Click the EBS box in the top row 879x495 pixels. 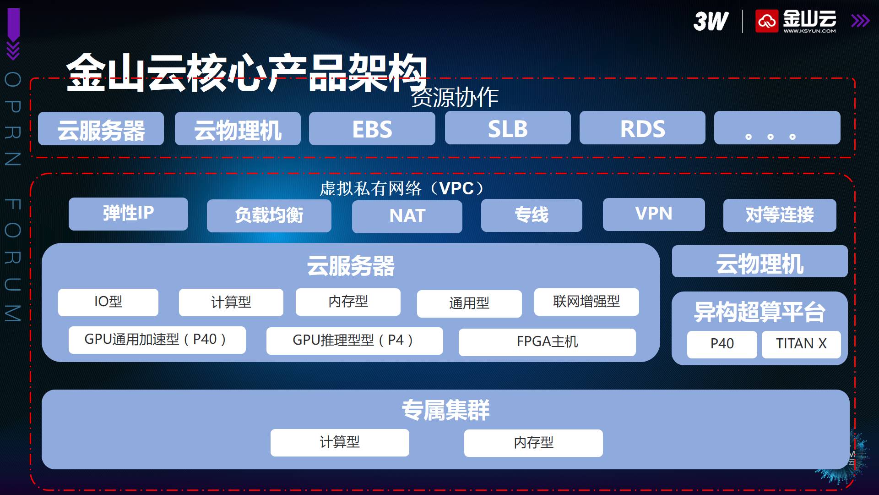[372, 128]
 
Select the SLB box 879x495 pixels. [508, 128]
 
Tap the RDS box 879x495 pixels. [642, 128]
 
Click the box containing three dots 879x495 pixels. [777, 128]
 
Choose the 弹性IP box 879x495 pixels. [128, 214]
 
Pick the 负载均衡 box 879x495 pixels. [269, 215]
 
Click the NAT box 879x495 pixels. [407, 216]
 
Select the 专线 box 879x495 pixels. [532, 215]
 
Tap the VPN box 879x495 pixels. [654, 214]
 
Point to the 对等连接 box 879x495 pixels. [780, 215]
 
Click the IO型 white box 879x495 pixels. [108, 302]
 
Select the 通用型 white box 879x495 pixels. [469, 303]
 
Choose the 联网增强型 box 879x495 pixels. [586, 302]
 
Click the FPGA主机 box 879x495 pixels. [547, 342]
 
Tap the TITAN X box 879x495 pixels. [801, 344]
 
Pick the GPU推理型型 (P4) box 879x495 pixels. [354, 341]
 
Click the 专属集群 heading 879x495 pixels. [445, 410]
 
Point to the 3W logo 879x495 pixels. [711, 21]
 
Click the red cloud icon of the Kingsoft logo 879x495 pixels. [767, 21]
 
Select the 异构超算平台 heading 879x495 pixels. [760, 312]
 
